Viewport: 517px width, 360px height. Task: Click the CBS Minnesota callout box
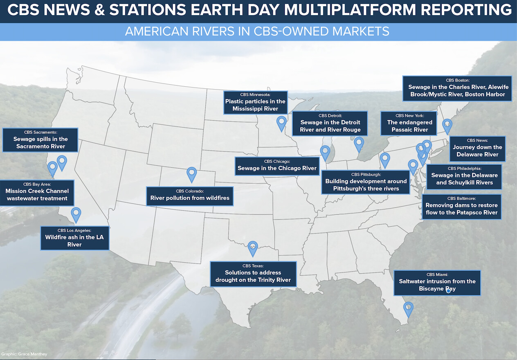(x=256, y=103)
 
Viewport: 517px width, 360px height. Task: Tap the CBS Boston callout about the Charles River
(x=457, y=88)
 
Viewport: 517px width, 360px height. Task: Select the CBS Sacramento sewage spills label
(x=40, y=140)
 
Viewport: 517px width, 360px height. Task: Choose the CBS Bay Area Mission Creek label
(x=37, y=193)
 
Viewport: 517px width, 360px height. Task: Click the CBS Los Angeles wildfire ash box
(x=74, y=238)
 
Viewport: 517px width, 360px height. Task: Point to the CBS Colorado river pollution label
(x=190, y=196)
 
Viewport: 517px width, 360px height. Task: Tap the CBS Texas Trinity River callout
(x=253, y=274)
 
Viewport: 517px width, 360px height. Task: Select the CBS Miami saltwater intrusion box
(x=437, y=283)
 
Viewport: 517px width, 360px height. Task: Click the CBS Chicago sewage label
(x=277, y=166)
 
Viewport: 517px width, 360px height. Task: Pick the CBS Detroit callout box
(x=330, y=124)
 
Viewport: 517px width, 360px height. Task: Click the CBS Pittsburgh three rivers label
(x=366, y=182)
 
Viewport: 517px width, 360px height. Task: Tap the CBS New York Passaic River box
(x=409, y=124)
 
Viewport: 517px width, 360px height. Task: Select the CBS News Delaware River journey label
(x=478, y=149)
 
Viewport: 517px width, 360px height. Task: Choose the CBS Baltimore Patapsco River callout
(x=462, y=207)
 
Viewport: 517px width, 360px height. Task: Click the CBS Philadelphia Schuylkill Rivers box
(x=464, y=177)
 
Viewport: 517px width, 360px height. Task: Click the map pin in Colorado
(x=191, y=175)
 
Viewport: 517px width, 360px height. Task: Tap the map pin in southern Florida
(x=408, y=309)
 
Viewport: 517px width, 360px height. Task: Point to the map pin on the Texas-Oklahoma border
(x=253, y=249)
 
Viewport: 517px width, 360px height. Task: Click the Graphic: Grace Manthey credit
(x=24, y=354)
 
